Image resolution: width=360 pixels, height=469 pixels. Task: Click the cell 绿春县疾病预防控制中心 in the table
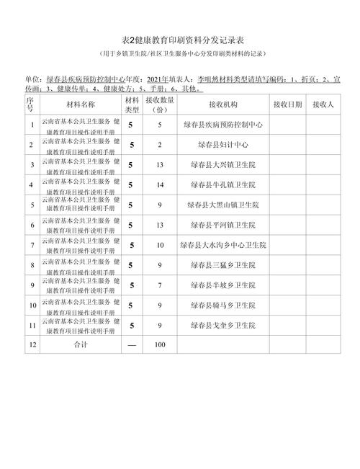pyautogui.click(x=225, y=124)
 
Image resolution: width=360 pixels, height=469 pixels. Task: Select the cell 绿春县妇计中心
pyautogui.click(x=225, y=144)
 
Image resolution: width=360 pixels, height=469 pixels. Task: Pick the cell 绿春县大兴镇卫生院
pyautogui.click(x=225, y=164)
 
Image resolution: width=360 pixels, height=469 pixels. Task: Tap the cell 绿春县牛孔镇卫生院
pyautogui.click(x=225, y=184)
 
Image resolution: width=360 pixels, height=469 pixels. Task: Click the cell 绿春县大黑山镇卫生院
pyautogui.click(x=225, y=205)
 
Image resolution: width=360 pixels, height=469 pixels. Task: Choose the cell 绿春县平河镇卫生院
pyautogui.click(x=225, y=225)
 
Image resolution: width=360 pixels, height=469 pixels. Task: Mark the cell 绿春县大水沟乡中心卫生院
pyautogui.click(x=225, y=245)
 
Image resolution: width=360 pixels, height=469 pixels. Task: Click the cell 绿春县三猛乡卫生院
pyautogui.click(x=225, y=265)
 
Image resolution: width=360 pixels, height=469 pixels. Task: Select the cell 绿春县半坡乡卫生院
pyautogui.click(x=225, y=285)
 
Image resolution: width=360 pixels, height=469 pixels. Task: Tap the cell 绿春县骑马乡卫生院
pyautogui.click(x=225, y=305)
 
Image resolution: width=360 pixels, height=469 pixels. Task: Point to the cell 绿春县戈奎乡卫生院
pyautogui.click(x=225, y=326)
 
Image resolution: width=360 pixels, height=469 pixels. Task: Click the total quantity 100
pyautogui.click(x=160, y=345)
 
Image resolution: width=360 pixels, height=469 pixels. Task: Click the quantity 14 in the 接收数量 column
pyautogui.click(x=160, y=184)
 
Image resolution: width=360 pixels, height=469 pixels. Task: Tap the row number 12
pyautogui.click(x=30, y=345)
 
